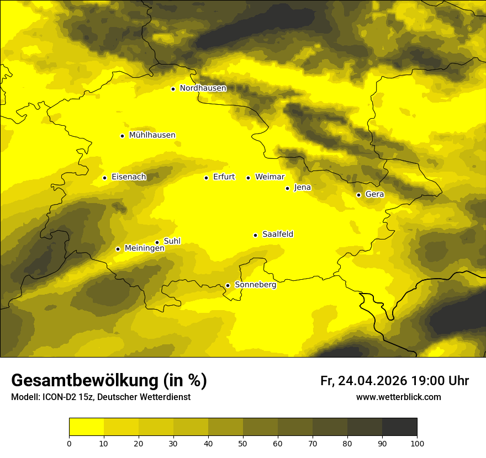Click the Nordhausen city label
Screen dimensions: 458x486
[x=203, y=88]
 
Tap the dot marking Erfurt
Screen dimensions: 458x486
[x=206, y=178]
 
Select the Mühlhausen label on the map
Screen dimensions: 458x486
[x=152, y=135]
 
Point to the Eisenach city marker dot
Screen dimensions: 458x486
[x=104, y=178]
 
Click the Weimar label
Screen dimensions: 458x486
[x=270, y=177]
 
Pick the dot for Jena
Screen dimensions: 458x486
[x=287, y=188]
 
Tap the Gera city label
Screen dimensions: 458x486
[x=374, y=194]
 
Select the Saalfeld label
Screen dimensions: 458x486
[x=277, y=235]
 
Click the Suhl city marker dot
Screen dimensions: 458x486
[x=157, y=242]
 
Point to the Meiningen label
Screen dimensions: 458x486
[x=144, y=248]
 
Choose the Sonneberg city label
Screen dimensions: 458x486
[x=255, y=285]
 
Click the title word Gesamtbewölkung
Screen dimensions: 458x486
[x=82, y=381]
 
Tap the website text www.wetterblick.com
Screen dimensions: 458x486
[x=398, y=397]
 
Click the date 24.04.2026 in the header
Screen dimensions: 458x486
[x=373, y=381]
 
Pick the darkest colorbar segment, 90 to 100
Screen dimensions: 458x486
[x=399, y=427]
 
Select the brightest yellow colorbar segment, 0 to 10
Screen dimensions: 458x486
[x=86, y=427]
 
